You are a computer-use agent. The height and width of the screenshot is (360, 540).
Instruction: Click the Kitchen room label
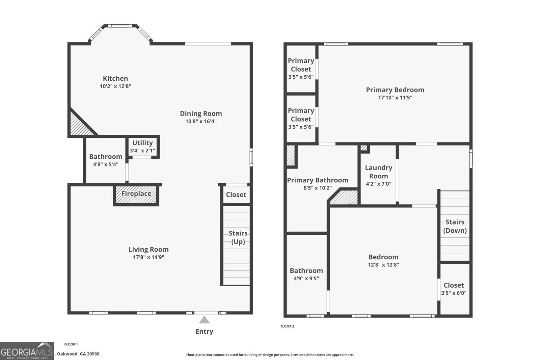(x=115, y=78)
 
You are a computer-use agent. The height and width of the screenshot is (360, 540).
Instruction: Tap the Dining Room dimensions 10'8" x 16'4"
(x=201, y=122)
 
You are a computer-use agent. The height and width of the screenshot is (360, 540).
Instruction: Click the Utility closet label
(x=142, y=143)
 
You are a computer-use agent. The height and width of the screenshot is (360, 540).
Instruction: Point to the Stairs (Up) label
(x=238, y=237)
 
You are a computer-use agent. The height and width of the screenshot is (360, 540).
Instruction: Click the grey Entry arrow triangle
(x=204, y=320)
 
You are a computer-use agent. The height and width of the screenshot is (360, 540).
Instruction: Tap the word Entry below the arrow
(x=204, y=331)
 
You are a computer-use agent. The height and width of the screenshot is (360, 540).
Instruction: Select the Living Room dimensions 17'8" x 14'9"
(x=148, y=257)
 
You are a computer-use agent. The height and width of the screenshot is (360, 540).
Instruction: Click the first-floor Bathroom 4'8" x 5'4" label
(x=106, y=157)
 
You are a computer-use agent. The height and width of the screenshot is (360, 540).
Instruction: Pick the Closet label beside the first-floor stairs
(x=236, y=195)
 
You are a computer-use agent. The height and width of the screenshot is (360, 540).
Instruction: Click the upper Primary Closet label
(x=301, y=65)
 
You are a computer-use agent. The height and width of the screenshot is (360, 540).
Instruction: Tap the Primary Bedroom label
(x=395, y=90)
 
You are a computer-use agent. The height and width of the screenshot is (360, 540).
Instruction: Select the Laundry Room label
(x=378, y=172)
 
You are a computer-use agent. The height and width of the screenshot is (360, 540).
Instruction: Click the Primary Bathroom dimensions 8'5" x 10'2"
(x=318, y=188)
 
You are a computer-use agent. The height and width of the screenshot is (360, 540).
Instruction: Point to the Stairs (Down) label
(x=455, y=226)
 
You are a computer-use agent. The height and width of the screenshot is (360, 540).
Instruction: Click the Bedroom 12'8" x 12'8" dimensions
(x=383, y=265)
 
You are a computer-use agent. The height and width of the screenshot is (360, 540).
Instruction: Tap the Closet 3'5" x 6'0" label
(x=454, y=285)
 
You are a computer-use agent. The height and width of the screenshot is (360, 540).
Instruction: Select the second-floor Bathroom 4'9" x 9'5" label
(x=306, y=271)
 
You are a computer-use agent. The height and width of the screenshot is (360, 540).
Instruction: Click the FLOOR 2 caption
(x=287, y=326)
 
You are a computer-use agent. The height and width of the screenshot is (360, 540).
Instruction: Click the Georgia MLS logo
(x=27, y=351)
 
